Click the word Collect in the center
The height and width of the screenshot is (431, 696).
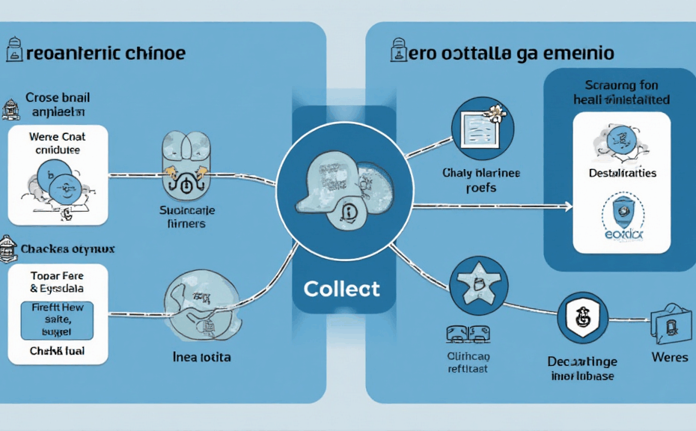pos(341,288)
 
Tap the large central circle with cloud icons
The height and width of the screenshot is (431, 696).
pos(342,186)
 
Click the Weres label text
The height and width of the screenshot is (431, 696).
pos(669,358)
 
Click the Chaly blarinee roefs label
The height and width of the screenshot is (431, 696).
pos(480,181)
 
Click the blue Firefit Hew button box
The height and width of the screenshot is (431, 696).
pos(57,320)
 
